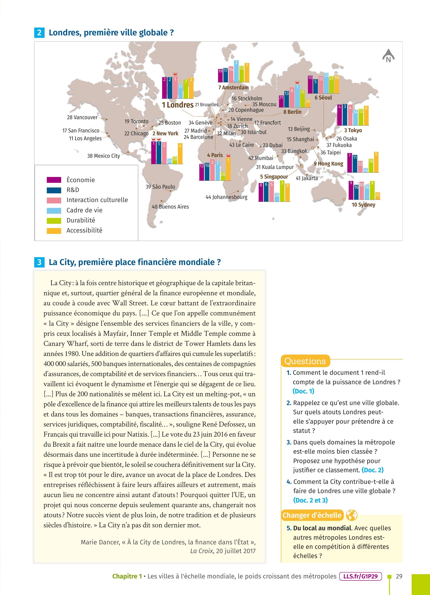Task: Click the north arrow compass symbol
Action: click(x=388, y=56)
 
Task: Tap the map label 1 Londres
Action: click(x=178, y=105)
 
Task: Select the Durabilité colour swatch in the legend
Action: click(x=54, y=221)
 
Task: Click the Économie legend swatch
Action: click(x=54, y=180)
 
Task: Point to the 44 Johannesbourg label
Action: click(x=226, y=197)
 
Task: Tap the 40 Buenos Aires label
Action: click(x=170, y=207)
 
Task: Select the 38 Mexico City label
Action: click(x=103, y=156)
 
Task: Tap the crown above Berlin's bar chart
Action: click(x=297, y=82)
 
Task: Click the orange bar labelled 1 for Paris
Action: click(x=228, y=168)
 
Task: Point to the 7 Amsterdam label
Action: click(x=233, y=88)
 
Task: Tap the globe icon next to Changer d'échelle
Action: click(x=352, y=515)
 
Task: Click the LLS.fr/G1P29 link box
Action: click(x=360, y=576)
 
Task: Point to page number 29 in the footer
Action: click(x=399, y=576)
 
